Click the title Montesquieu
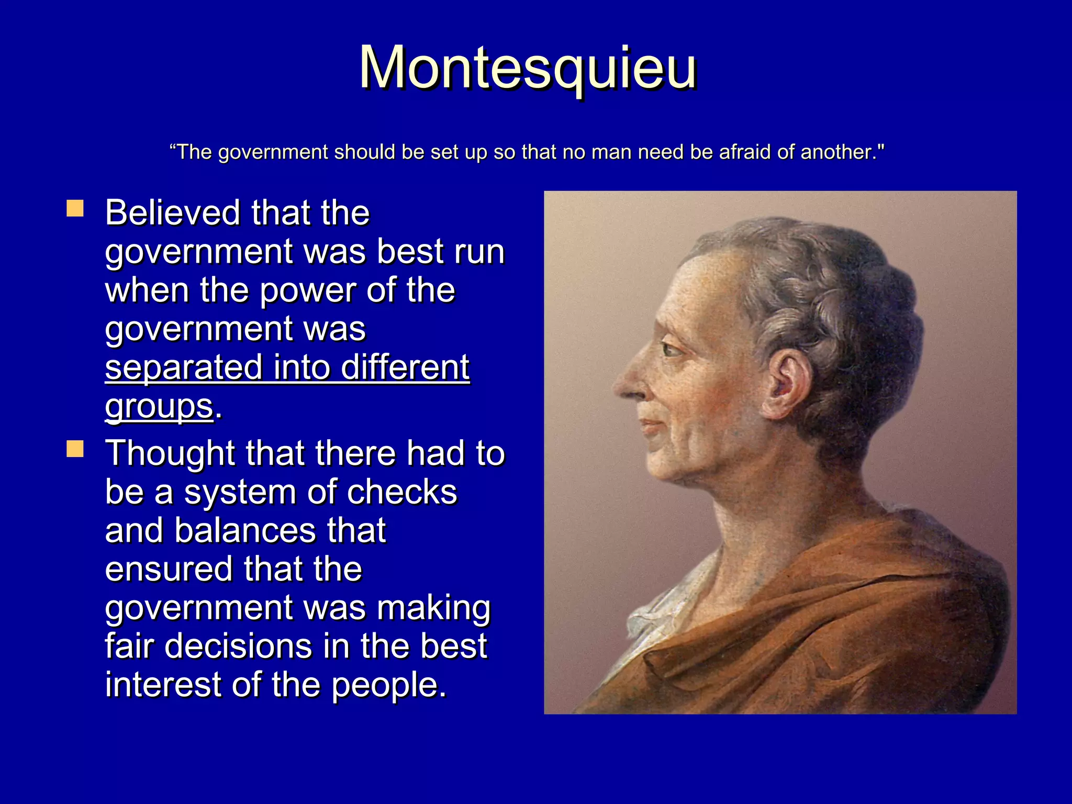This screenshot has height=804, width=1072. pyautogui.click(x=528, y=68)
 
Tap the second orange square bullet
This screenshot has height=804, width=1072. pyautogui.click(x=75, y=449)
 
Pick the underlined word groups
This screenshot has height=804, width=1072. pyautogui.click(x=159, y=406)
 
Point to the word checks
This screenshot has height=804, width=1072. pyautogui.click(x=401, y=492)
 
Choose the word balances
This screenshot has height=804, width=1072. pyautogui.click(x=245, y=531)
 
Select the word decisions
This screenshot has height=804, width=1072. pyautogui.click(x=238, y=646)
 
